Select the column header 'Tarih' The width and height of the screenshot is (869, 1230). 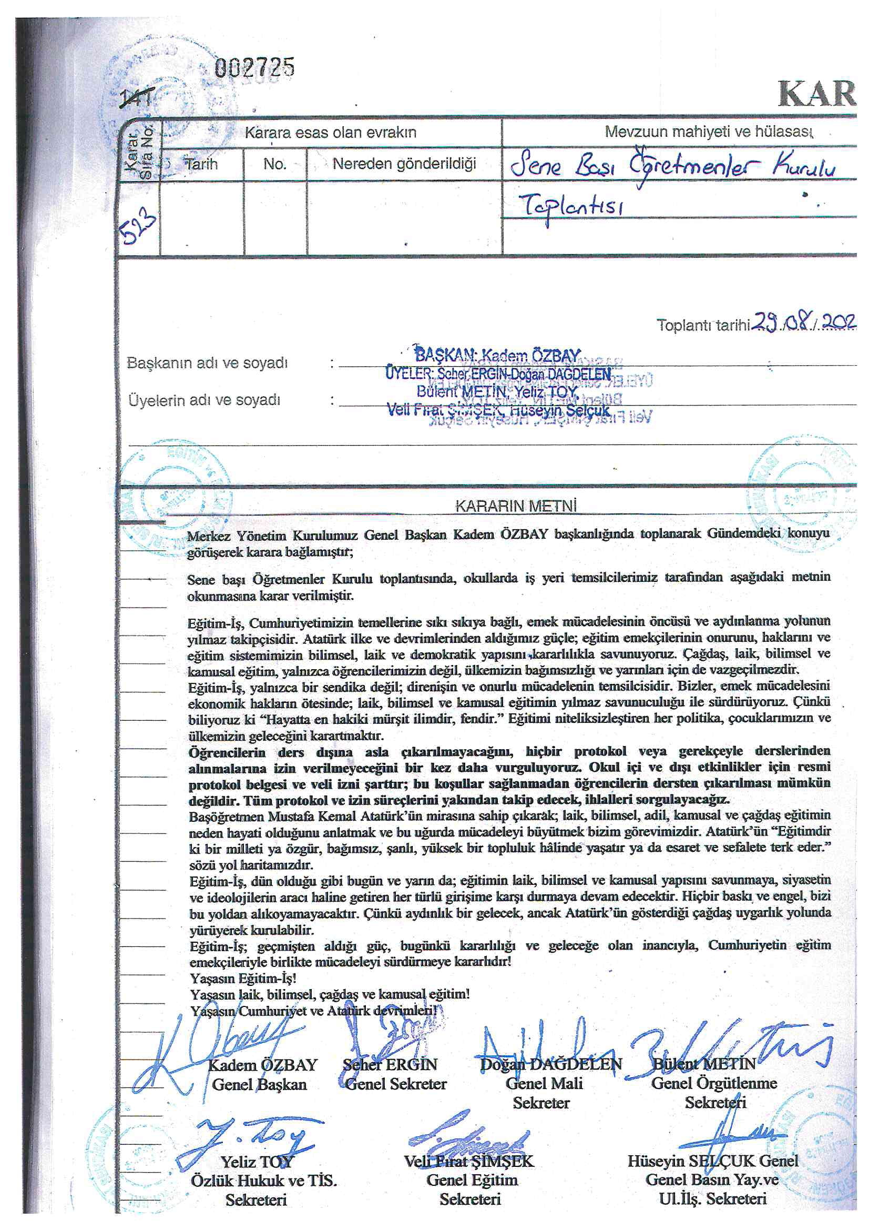(201, 164)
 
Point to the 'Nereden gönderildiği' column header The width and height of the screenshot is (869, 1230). (404, 164)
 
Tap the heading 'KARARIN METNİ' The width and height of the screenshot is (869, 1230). (515, 506)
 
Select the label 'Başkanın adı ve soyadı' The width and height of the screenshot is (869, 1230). (208, 362)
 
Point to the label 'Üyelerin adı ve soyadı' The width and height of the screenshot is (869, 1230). (205, 400)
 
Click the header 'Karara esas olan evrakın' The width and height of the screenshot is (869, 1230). (330, 133)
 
